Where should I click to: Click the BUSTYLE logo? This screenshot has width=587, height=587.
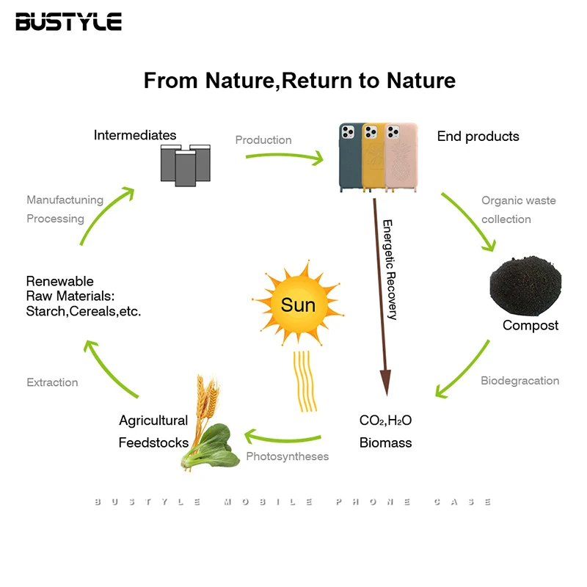click(x=68, y=21)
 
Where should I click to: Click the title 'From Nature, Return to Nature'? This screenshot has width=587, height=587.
click(x=299, y=80)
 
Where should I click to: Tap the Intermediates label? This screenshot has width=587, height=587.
click(x=135, y=135)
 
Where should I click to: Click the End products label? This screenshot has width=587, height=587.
click(x=478, y=136)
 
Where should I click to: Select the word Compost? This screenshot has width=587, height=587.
click(x=531, y=325)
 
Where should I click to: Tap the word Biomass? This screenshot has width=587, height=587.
click(x=385, y=442)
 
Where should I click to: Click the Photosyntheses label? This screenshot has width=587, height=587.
click(x=287, y=456)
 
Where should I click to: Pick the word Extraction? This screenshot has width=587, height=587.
click(x=52, y=382)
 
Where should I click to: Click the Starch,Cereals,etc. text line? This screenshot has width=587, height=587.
click(x=84, y=311)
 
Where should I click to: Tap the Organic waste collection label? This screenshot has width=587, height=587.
click(x=518, y=210)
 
